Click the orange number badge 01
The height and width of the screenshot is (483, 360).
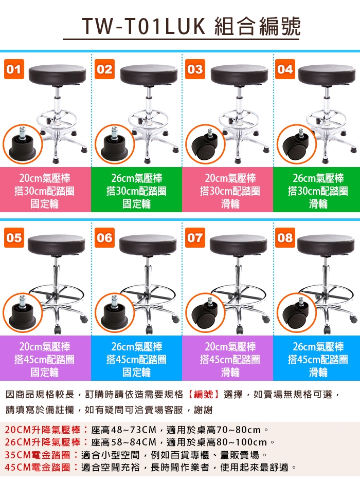tap(14, 69)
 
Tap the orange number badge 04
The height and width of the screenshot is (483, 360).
tap(285, 69)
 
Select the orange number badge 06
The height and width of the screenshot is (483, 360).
tap(104, 238)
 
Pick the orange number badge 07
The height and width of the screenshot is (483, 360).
tap(195, 238)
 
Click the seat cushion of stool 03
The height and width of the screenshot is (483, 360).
tap(239, 75)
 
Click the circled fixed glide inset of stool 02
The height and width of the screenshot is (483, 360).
tap(115, 144)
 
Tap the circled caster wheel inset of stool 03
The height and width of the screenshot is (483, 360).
tap(206, 144)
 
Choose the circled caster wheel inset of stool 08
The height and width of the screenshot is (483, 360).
tap(297, 313)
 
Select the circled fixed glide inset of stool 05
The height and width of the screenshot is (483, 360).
tap(23, 313)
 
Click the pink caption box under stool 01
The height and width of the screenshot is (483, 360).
tap(45, 190)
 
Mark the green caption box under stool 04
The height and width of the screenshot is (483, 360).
tap(316, 190)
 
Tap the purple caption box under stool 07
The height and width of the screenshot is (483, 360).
tap(227, 358)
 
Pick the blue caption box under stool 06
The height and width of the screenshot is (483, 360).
tap(136, 358)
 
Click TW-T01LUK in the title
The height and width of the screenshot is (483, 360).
tap(143, 27)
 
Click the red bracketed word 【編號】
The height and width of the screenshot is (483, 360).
tap(204, 394)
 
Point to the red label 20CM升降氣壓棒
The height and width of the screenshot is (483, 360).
tap(43, 430)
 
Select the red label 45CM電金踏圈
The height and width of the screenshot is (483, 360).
tap(38, 467)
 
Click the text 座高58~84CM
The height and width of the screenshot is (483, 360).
tap(124, 442)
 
